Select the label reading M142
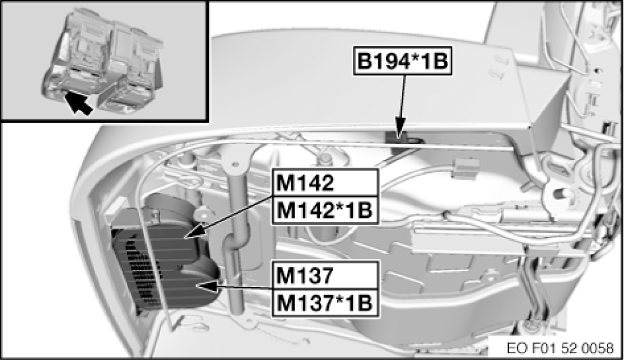304,183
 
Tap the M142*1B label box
325,210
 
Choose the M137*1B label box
324,302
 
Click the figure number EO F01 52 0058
561,348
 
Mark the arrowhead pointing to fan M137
201,286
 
